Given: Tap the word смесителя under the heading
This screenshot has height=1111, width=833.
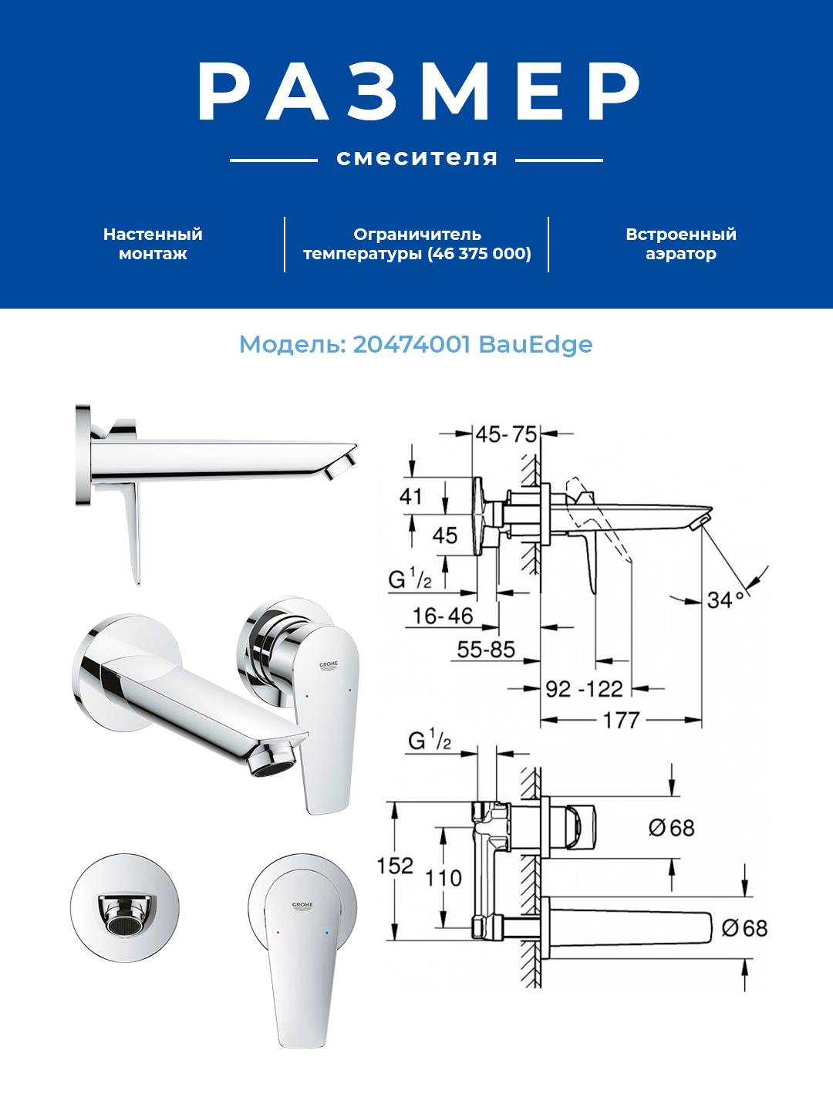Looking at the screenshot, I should [x=416, y=159].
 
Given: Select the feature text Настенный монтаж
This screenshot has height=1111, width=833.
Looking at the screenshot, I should [x=153, y=244].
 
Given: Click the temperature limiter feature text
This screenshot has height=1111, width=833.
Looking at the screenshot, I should [x=416, y=244].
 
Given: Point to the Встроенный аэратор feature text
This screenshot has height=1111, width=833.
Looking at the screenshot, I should [x=680, y=244].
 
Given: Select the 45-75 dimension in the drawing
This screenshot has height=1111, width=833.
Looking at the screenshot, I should [x=506, y=434].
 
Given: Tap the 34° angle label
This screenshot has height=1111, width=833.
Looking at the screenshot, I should [x=725, y=599].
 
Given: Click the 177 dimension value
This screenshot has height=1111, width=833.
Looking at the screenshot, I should [x=621, y=720].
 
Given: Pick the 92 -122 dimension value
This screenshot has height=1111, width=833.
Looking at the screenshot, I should [x=584, y=688].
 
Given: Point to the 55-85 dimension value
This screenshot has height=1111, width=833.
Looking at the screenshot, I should [x=486, y=650].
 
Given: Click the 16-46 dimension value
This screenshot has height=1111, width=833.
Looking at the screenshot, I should [x=443, y=616].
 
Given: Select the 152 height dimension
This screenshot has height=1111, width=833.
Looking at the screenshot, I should [x=395, y=866].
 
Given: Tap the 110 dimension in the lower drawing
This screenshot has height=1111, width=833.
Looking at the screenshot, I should [x=443, y=877].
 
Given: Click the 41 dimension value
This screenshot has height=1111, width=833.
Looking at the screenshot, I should [x=410, y=496].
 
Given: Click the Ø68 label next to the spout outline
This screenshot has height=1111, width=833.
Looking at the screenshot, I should [x=744, y=927].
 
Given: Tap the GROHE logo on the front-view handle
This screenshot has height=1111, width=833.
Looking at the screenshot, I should [x=302, y=905].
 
